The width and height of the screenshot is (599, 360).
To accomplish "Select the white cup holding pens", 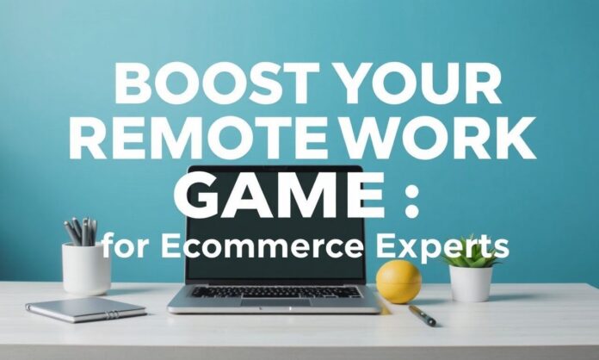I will [x=86, y=269].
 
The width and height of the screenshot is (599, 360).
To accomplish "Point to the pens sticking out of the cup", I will [x=81, y=231].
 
